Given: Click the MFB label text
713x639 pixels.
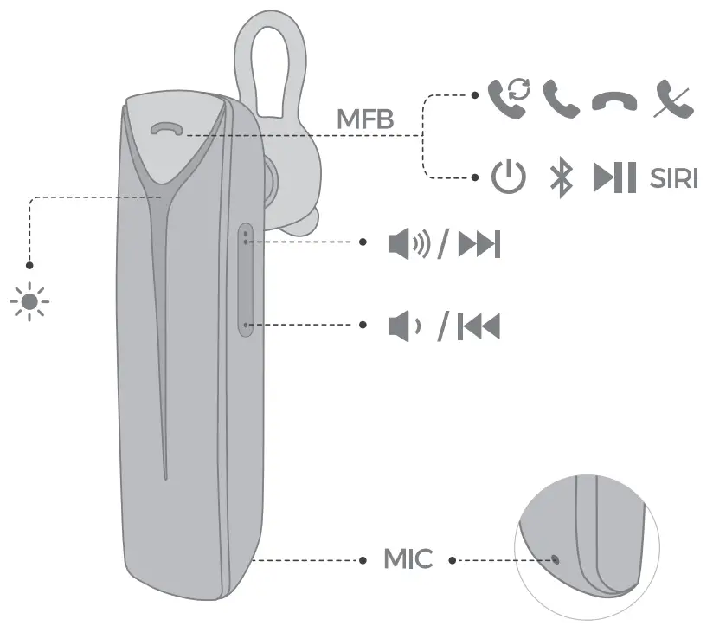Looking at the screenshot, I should pyautogui.click(x=364, y=119).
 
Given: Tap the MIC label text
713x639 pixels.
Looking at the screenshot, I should pyautogui.click(x=408, y=559).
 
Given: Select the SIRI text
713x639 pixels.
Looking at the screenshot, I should pyautogui.click(x=674, y=178).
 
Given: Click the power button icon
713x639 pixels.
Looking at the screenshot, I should pyautogui.click(x=508, y=177).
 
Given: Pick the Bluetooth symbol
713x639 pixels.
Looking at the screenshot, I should pyautogui.click(x=562, y=178).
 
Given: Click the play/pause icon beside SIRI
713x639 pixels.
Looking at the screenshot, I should pyautogui.click(x=614, y=177).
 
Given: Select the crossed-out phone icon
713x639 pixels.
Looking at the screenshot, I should pyautogui.click(x=673, y=99).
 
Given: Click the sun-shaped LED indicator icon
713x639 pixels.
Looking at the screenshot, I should pyautogui.click(x=29, y=302).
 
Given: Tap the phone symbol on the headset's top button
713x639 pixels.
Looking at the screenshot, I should pyautogui.click(x=164, y=130).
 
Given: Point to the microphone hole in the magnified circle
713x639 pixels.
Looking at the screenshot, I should pyautogui.click(x=555, y=558).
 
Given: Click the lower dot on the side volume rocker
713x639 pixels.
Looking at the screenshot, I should pyautogui.click(x=247, y=326).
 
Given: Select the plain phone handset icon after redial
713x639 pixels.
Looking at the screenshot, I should pyautogui.click(x=561, y=99).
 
